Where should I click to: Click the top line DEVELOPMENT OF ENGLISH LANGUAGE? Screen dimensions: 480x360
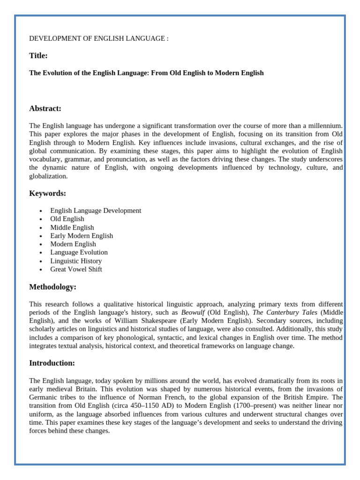[x=98, y=38]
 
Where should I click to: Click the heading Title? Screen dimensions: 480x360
[x=38, y=56]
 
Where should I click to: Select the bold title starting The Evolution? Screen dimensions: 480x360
[x=146, y=73]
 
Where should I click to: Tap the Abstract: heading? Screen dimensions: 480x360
[x=45, y=109]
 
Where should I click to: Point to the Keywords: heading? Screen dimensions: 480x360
[x=47, y=194]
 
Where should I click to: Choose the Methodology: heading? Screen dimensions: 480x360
[x=52, y=287]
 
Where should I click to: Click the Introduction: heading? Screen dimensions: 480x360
[x=52, y=363]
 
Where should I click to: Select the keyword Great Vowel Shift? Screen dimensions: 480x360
[x=76, y=270]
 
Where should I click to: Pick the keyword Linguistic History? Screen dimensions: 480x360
[x=76, y=261]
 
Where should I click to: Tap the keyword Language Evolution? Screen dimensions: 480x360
[x=79, y=253]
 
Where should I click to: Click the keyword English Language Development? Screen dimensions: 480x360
[x=96, y=210]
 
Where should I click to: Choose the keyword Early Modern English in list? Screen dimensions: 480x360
[x=82, y=236]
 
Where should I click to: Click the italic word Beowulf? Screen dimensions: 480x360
[x=193, y=313]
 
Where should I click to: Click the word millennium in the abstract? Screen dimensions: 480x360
[x=325, y=126]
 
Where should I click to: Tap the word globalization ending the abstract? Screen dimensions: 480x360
[x=48, y=176]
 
